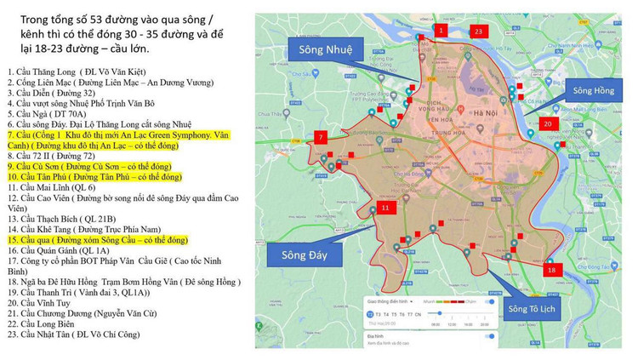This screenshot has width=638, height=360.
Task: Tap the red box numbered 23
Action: [x=478, y=31]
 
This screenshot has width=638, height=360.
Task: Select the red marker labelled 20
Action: [x=548, y=123]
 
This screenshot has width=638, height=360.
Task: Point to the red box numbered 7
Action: [x=321, y=137]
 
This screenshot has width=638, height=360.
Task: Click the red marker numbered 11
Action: [x=385, y=207]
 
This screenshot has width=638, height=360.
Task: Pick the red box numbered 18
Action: [x=551, y=269]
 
